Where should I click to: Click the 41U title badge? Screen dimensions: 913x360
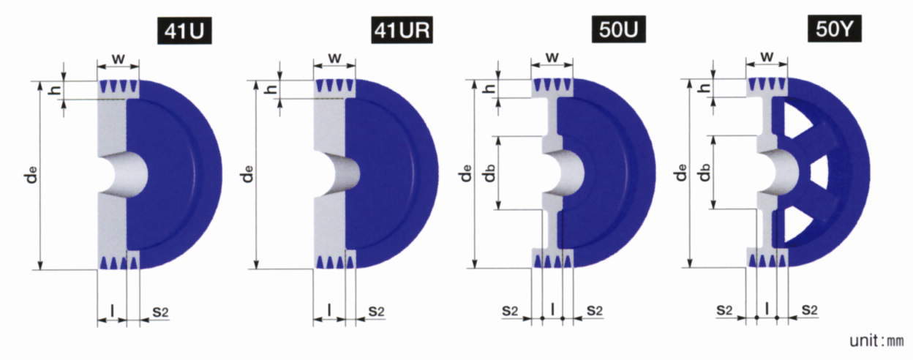(184, 31)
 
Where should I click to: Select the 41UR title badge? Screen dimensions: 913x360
(402, 30)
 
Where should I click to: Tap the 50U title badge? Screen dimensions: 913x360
(619, 30)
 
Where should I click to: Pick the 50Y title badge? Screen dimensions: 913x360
(835, 29)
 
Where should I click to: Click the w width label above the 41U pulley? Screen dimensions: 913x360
(119, 59)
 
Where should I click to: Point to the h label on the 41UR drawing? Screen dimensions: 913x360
(271, 88)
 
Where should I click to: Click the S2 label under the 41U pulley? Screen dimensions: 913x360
(161, 312)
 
